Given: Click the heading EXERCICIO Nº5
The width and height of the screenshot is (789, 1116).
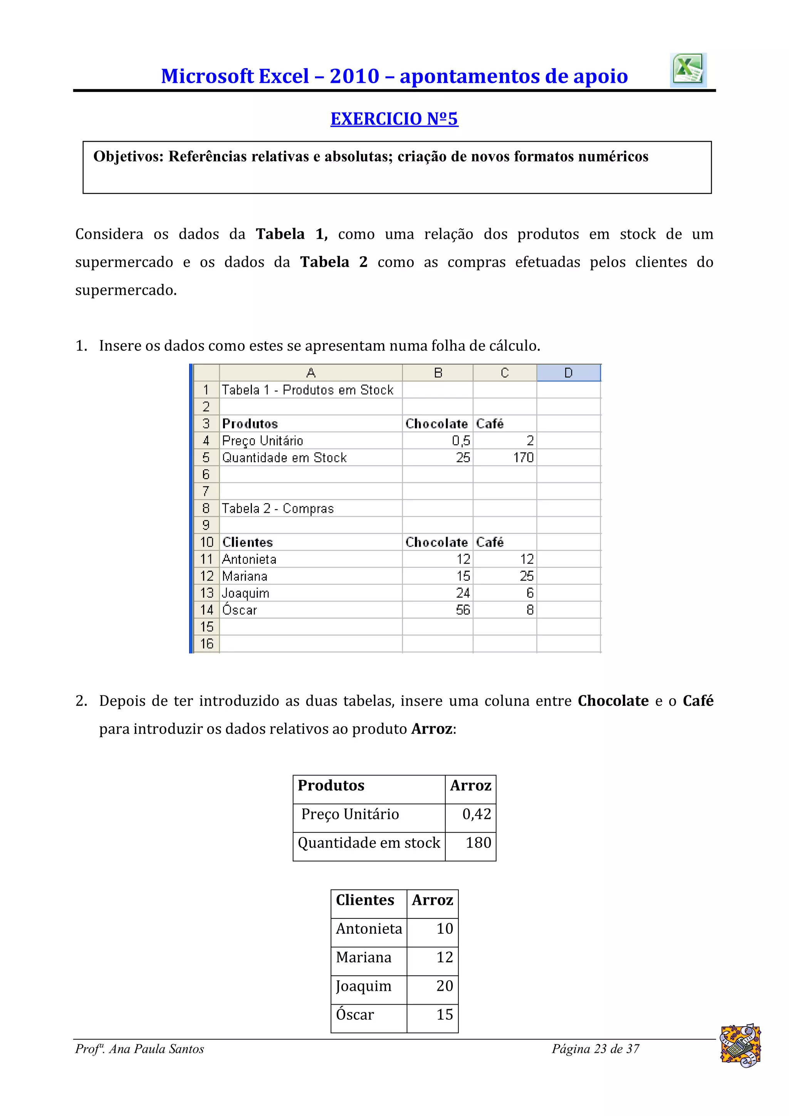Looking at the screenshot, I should tap(394, 119).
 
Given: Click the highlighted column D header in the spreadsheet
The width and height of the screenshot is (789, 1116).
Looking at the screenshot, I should tap(568, 373).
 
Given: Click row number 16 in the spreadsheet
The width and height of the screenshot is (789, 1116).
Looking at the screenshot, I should tap(206, 644).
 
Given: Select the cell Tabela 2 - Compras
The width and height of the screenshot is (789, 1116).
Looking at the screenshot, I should tap(278, 508).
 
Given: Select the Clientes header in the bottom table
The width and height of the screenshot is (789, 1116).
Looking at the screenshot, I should tap(365, 900).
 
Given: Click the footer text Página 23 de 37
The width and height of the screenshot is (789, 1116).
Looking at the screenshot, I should tap(595, 1049).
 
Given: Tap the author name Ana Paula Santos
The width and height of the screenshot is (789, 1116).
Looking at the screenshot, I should tap(156, 1049).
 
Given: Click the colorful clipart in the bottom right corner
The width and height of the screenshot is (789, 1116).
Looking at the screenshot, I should tap(740, 1046).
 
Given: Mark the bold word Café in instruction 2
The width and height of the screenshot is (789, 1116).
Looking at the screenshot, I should tap(698, 701).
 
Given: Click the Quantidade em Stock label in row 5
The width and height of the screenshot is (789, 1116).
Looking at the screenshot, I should tap(284, 457).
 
